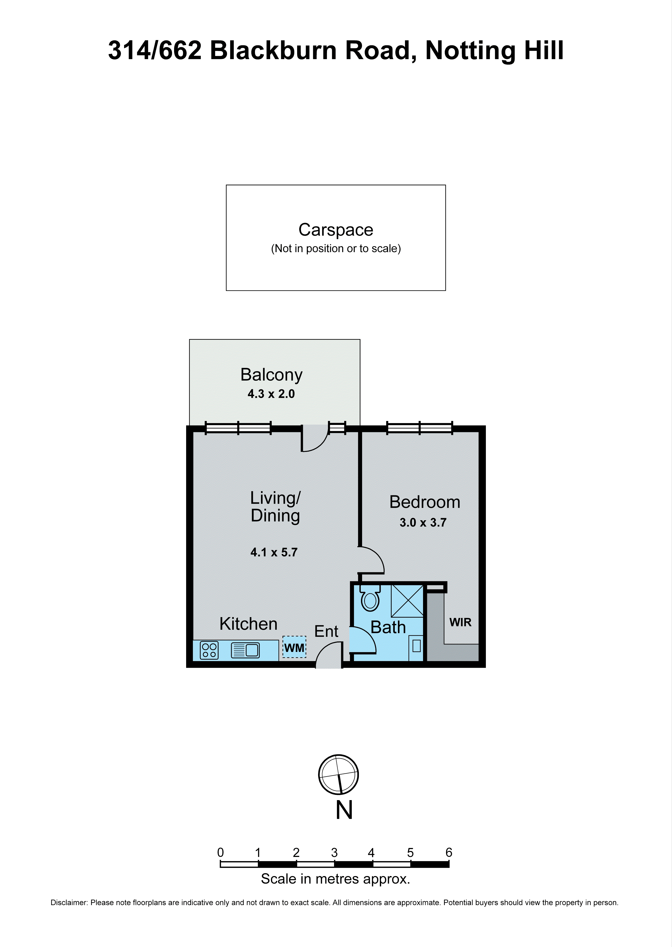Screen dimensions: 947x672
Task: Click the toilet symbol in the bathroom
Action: (x=370, y=599)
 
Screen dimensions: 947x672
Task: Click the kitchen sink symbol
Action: (x=245, y=650)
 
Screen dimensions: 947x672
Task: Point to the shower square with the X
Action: (x=407, y=601)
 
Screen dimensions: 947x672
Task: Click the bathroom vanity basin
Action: (x=416, y=646)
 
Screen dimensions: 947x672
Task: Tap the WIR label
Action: (x=460, y=623)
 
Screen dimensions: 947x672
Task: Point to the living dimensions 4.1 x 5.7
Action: (x=274, y=552)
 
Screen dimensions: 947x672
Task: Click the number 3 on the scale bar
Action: (x=334, y=853)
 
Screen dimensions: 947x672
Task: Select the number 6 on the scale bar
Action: (x=448, y=853)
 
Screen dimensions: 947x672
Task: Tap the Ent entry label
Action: (x=326, y=632)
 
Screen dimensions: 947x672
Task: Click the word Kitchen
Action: (x=248, y=624)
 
